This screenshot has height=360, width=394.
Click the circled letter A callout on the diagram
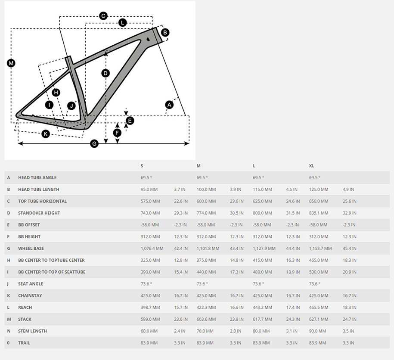[169, 104]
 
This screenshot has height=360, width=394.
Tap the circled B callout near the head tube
[165, 32]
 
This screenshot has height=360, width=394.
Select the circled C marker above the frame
[103, 16]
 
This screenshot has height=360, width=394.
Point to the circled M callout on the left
[11, 63]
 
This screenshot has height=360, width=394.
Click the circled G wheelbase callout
[94, 143]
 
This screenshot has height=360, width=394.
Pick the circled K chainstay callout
[46, 134]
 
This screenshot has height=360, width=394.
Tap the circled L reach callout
[122, 22]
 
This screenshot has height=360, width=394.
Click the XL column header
[312, 166]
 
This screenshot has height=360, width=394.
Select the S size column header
[142, 166]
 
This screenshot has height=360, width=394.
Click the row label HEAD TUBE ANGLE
[37, 177]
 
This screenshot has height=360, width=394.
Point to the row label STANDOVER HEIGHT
[39, 213]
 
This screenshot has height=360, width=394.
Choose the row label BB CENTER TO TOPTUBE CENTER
[51, 260]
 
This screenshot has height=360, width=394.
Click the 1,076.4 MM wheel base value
[152, 248]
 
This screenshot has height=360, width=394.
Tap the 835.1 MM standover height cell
[319, 213]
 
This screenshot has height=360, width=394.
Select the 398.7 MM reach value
[150, 307]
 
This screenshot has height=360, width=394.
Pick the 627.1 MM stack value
[319, 319]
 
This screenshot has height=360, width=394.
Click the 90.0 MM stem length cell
[318, 331]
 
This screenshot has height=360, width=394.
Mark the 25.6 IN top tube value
[349, 201]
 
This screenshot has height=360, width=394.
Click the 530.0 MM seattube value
[319, 272]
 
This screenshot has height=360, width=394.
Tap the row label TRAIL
[24, 343]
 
